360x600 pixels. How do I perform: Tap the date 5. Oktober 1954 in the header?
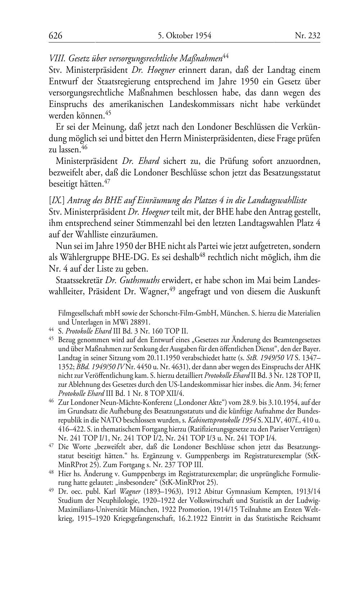pyautogui.click(x=184, y=36)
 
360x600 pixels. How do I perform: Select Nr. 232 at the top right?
pyautogui.click(x=307, y=36)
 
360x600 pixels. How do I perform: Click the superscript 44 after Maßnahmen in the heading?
pyautogui.click(x=226, y=56)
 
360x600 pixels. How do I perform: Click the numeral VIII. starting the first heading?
pyautogui.click(x=56, y=59)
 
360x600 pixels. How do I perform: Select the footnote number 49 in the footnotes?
pyautogui.click(x=51, y=490)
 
